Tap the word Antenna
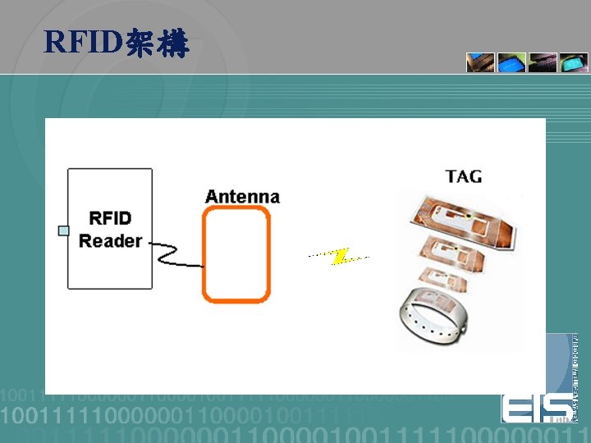[x=242, y=197]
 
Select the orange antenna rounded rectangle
[x=236, y=253]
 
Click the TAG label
[x=464, y=176]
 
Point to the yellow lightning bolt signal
[x=339, y=257]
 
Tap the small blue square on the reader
[x=63, y=231]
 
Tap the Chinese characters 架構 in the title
[x=158, y=43]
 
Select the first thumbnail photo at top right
[x=480, y=63]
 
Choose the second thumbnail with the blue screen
[x=511, y=63]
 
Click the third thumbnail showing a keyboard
[x=543, y=63]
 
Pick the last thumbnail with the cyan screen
[x=573, y=63]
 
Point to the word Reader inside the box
[x=110, y=241]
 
